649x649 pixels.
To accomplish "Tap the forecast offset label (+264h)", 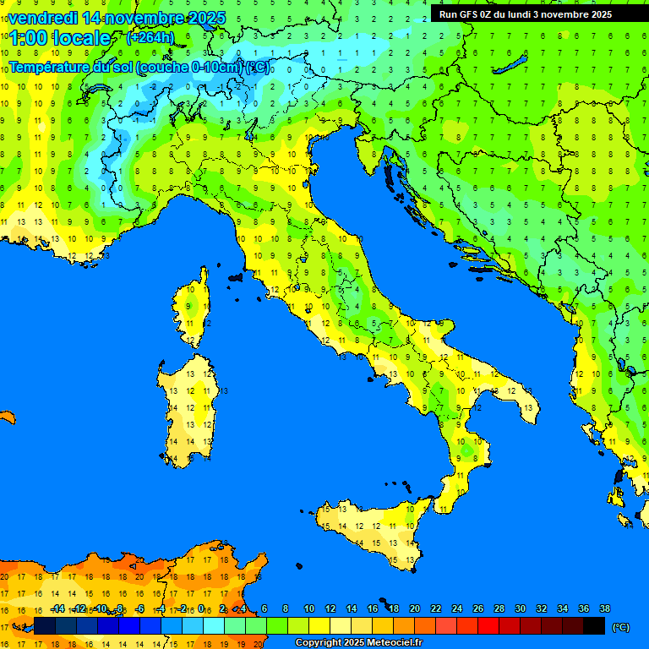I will pos(150,37).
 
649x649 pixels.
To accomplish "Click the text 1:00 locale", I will pos(59,38).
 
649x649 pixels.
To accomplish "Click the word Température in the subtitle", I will pos(51,67).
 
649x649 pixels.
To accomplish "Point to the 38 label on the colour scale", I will pos(604,608).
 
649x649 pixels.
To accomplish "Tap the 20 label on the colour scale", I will pos(414,608).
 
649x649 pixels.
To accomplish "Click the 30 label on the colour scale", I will pos(520,608).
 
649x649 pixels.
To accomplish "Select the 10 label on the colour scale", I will pos(308,608).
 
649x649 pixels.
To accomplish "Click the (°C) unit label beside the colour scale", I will pos(621,627).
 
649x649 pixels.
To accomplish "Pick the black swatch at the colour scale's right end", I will pos(594,626).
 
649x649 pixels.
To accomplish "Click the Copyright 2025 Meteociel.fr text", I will pos(357,643).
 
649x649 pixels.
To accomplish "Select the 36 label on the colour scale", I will pos(583,608).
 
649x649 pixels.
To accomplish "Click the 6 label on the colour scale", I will pos(265,608).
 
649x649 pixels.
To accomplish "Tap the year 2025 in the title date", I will pos(205,17).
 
